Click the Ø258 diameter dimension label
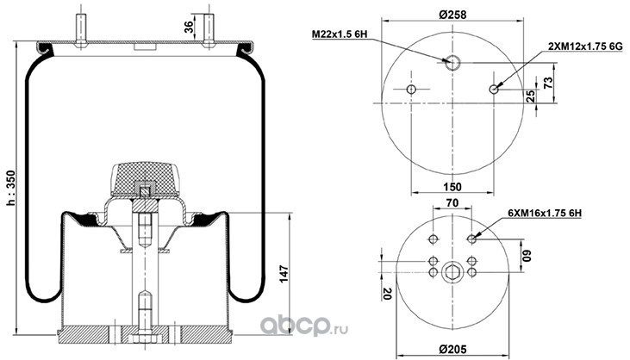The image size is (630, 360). (x=452, y=15)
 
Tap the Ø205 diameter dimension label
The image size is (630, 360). (x=452, y=350)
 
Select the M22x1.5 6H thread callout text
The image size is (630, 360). (x=340, y=34)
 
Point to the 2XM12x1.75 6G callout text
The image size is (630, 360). (x=585, y=47)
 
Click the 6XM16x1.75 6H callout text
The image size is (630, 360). (x=545, y=213)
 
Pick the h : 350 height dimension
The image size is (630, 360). (x=11, y=188)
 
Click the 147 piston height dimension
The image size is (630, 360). (x=284, y=274)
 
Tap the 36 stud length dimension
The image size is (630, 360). (x=189, y=27)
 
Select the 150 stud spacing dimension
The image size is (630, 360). (x=452, y=187)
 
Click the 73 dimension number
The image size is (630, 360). (x=548, y=83)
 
